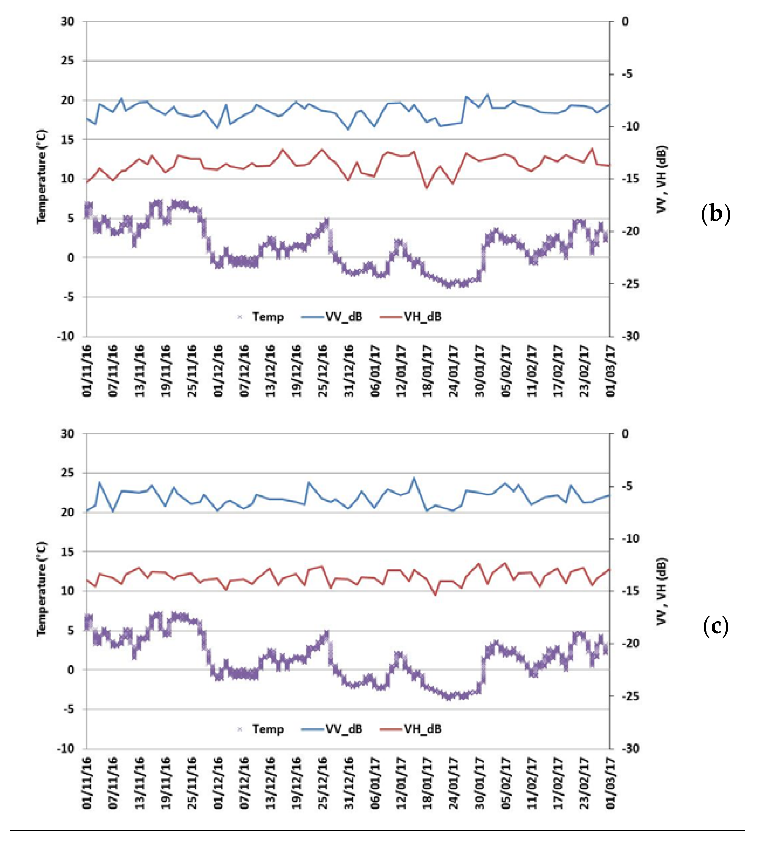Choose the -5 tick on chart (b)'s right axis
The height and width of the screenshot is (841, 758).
627,74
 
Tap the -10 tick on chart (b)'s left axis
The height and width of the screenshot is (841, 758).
65,336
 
